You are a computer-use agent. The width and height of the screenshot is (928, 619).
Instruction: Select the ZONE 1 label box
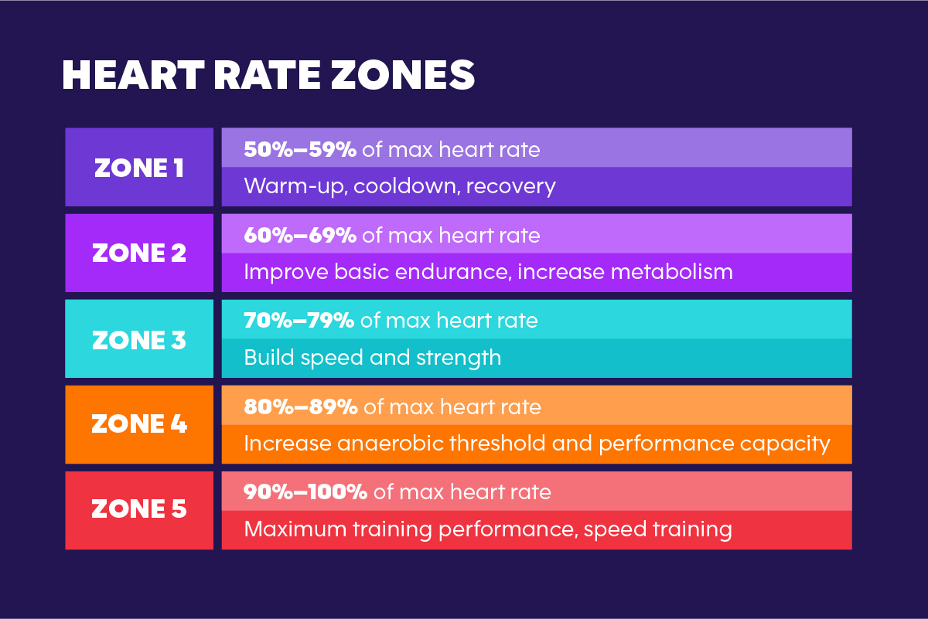click(x=139, y=168)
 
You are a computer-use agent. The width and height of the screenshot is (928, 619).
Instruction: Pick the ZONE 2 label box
click(x=139, y=253)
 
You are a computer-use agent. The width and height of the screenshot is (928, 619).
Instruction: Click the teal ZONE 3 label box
click(x=139, y=339)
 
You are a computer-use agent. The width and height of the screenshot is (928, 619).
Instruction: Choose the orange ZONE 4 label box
click(x=139, y=424)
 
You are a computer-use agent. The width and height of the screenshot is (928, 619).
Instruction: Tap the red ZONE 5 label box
click(x=139, y=509)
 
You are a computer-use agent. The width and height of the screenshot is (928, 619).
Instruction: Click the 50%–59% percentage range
click(x=300, y=149)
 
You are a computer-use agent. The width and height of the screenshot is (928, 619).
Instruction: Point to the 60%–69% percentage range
click(x=300, y=235)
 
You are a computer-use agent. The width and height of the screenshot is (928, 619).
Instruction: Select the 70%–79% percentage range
click(x=299, y=321)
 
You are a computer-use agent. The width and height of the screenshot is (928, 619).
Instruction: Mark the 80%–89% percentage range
click(x=301, y=406)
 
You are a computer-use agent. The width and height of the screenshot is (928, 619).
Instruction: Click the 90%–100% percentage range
click(x=305, y=491)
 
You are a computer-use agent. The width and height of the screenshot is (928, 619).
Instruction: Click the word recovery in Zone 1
click(x=511, y=187)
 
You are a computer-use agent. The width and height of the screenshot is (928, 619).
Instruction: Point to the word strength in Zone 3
click(x=462, y=358)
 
